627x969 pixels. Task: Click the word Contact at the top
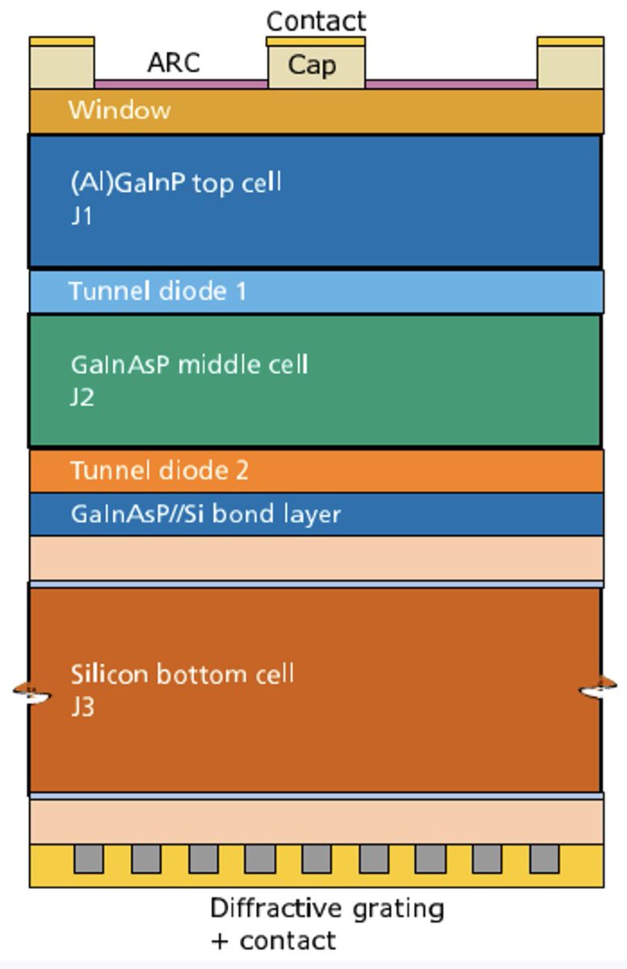(316, 20)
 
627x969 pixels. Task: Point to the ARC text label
(173, 63)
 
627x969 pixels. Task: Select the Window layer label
(120, 110)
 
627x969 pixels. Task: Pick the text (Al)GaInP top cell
(175, 182)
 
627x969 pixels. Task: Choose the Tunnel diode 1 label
(158, 291)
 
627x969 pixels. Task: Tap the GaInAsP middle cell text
(189, 364)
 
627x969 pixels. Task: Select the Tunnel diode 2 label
(159, 470)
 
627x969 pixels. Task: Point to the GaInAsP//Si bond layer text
(205, 514)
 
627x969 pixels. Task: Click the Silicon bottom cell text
(182, 673)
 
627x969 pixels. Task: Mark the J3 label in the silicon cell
(82, 707)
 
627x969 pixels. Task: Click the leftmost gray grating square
(89, 858)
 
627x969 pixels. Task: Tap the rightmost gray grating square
(545, 858)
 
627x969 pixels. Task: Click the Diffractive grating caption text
(326, 908)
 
